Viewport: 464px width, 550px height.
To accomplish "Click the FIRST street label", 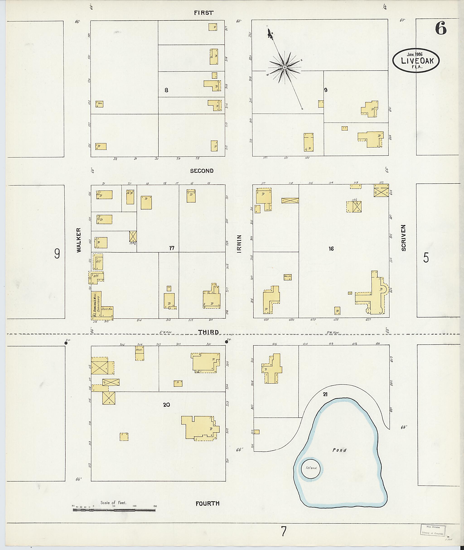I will (204, 13).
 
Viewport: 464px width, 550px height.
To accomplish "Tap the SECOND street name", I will (202, 171).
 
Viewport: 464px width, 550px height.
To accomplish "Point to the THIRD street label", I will (208, 332).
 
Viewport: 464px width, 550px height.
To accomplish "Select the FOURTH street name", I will (208, 503).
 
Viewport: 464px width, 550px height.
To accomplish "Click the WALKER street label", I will (79, 240).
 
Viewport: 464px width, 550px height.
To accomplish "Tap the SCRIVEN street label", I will (404, 238).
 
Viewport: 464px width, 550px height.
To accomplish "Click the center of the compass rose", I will (284, 67).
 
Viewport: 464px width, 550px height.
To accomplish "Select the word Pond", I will (339, 450).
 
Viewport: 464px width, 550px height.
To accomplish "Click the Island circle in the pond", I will (312, 468).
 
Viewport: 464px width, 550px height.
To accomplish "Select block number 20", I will (166, 405).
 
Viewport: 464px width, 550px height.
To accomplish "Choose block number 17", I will (172, 248).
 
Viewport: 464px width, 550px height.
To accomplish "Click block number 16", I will (331, 248).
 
